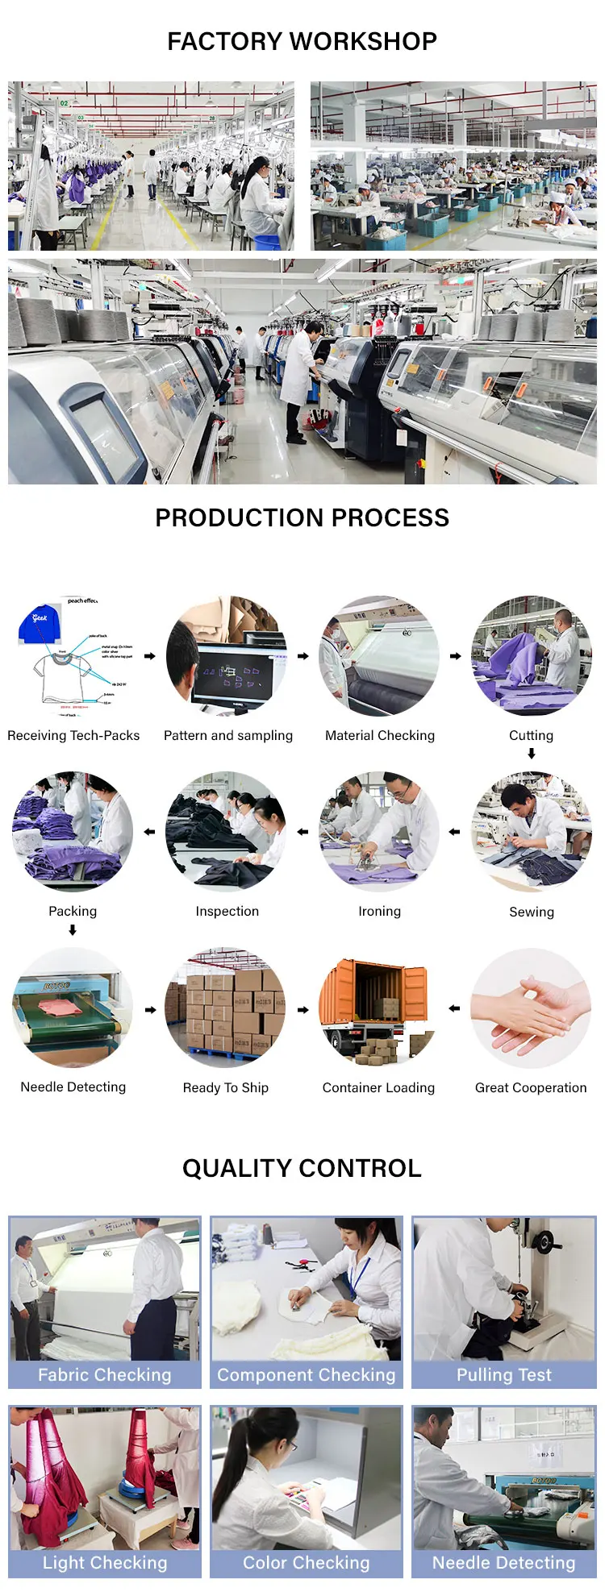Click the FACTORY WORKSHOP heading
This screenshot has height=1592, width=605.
(302, 41)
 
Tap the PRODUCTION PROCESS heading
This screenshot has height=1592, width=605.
(302, 518)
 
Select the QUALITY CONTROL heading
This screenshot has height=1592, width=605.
(302, 1168)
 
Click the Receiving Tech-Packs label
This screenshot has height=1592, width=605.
(73, 735)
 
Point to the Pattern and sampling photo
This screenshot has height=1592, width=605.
(227, 655)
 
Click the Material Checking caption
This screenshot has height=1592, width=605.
(379, 735)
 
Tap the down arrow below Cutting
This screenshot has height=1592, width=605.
(532, 754)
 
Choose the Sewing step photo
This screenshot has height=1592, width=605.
(531, 832)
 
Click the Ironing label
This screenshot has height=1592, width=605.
(379, 911)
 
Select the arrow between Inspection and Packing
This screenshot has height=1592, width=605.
(149, 832)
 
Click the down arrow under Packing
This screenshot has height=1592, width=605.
(73, 930)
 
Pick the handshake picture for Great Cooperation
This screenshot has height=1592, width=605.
(531, 1008)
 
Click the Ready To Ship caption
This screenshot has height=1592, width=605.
(226, 1087)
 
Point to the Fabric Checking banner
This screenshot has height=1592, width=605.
(105, 1374)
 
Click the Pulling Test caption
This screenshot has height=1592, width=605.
(504, 1374)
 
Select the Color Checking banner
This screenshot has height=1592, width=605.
(307, 1562)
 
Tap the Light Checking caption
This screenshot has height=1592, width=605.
(105, 1562)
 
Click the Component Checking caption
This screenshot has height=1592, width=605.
(307, 1374)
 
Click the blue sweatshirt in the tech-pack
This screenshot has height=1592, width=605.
(40, 622)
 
